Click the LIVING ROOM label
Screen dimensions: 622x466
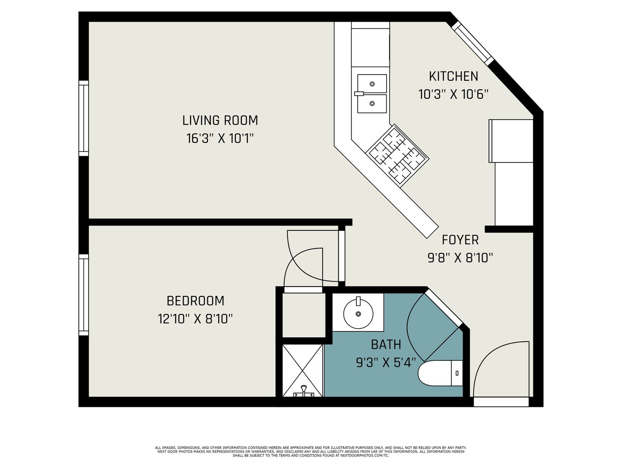click(220, 120)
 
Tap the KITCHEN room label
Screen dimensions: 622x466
click(454, 76)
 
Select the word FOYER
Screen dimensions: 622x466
click(460, 240)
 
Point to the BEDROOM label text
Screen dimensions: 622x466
click(195, 301)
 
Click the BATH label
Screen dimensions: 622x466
click(386, 345)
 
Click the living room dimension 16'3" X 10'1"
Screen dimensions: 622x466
click(220, 139)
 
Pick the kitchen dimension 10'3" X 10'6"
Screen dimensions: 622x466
click(454, 94)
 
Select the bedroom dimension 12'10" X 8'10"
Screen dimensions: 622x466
click(195, 319)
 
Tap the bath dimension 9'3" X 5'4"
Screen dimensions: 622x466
click(386, 363)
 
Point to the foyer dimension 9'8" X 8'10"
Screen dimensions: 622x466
click(460, 258)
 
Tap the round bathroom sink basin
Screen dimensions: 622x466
click(358, 314)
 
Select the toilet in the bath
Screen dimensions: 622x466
click(440, 373)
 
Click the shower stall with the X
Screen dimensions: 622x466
click(303, 371)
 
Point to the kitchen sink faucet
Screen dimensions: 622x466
click(359, 94)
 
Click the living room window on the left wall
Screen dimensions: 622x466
click(84, 118)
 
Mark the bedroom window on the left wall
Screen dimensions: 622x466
click(84, 295)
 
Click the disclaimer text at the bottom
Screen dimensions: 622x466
click(311, 452)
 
